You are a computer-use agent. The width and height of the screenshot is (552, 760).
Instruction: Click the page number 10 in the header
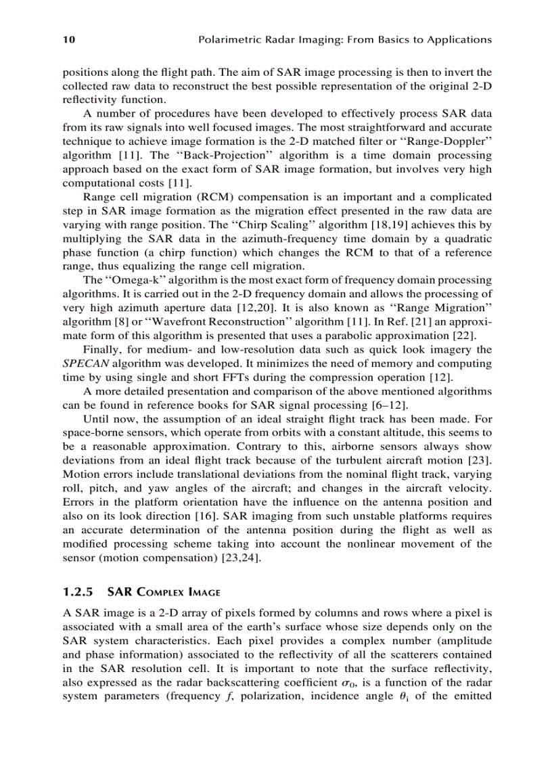tap(68, 40)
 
